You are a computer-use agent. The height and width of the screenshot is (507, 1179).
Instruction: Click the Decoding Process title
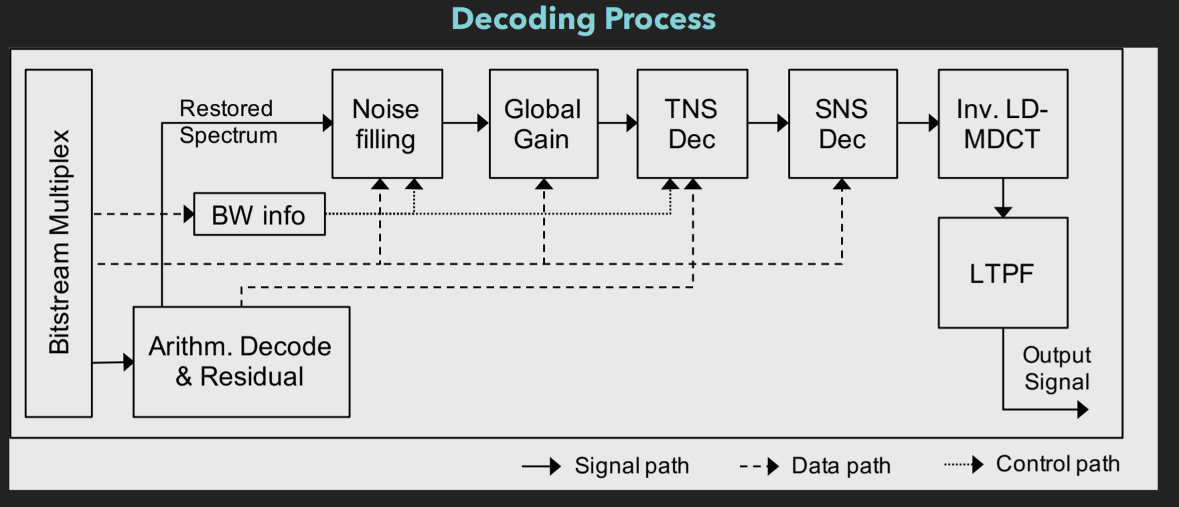point(583,19)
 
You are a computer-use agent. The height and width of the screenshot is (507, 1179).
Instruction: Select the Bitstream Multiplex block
point(59,242)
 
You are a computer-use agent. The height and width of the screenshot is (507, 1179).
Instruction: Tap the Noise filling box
point(387,124)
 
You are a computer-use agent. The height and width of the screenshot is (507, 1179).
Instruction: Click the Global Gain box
point(543,124)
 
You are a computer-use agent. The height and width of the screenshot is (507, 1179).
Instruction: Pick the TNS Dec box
point(692,124)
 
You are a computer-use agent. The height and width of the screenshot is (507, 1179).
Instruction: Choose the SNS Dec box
point(842,124)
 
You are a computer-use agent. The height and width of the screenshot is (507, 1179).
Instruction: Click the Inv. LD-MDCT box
point(1002,124)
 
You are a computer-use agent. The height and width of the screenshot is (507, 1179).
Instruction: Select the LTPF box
point(1002,273)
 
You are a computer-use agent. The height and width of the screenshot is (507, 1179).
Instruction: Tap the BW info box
point(259,215)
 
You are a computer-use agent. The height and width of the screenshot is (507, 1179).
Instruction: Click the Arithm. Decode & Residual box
point(241,362)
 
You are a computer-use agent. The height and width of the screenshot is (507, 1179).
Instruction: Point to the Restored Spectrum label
point(228,122)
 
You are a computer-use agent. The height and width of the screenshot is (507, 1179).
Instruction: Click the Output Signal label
point(1056,368)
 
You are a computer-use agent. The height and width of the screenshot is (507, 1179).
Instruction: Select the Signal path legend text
point(631,465)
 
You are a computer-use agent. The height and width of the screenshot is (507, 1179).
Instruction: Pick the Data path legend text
point(841,465)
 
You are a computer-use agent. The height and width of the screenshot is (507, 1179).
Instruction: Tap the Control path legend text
point(1057,463)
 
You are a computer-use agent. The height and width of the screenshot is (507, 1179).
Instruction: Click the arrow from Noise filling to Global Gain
point(466,123)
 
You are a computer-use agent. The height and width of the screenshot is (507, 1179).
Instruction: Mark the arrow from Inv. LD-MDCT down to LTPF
point(1002,198)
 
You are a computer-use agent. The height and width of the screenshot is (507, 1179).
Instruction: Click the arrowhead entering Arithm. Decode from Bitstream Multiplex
point(129,362)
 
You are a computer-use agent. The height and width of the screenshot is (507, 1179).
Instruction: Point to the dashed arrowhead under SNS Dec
point(842,184)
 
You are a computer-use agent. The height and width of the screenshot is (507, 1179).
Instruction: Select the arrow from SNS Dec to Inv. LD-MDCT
point(918,123)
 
